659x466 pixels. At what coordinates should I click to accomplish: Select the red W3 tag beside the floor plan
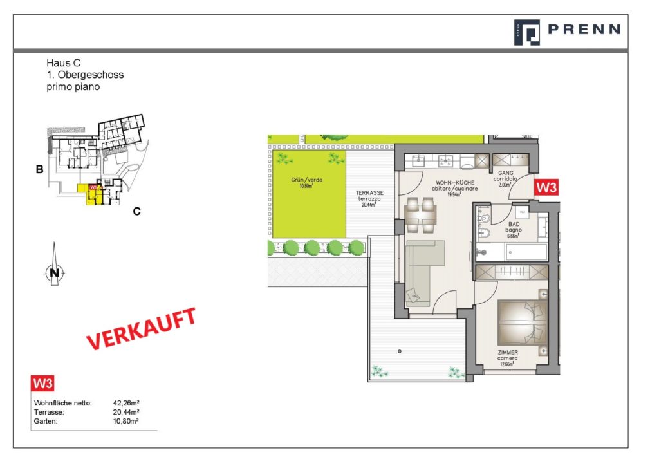click(546, 188)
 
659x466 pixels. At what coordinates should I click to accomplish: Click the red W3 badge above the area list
click(43, 384)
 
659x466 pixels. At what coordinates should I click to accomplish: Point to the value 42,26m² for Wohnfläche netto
click(126, 403)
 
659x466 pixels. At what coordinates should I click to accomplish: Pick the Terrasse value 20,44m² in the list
click(126, 412)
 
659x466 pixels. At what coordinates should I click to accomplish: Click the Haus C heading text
click(63, 63)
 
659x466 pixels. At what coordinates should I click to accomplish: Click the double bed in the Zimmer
click(521, 322)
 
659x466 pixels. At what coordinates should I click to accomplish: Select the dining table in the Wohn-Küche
click(422, 216)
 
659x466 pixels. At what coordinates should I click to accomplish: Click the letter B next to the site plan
click(39, 171)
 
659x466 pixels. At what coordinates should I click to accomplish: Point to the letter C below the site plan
click(136, 210)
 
